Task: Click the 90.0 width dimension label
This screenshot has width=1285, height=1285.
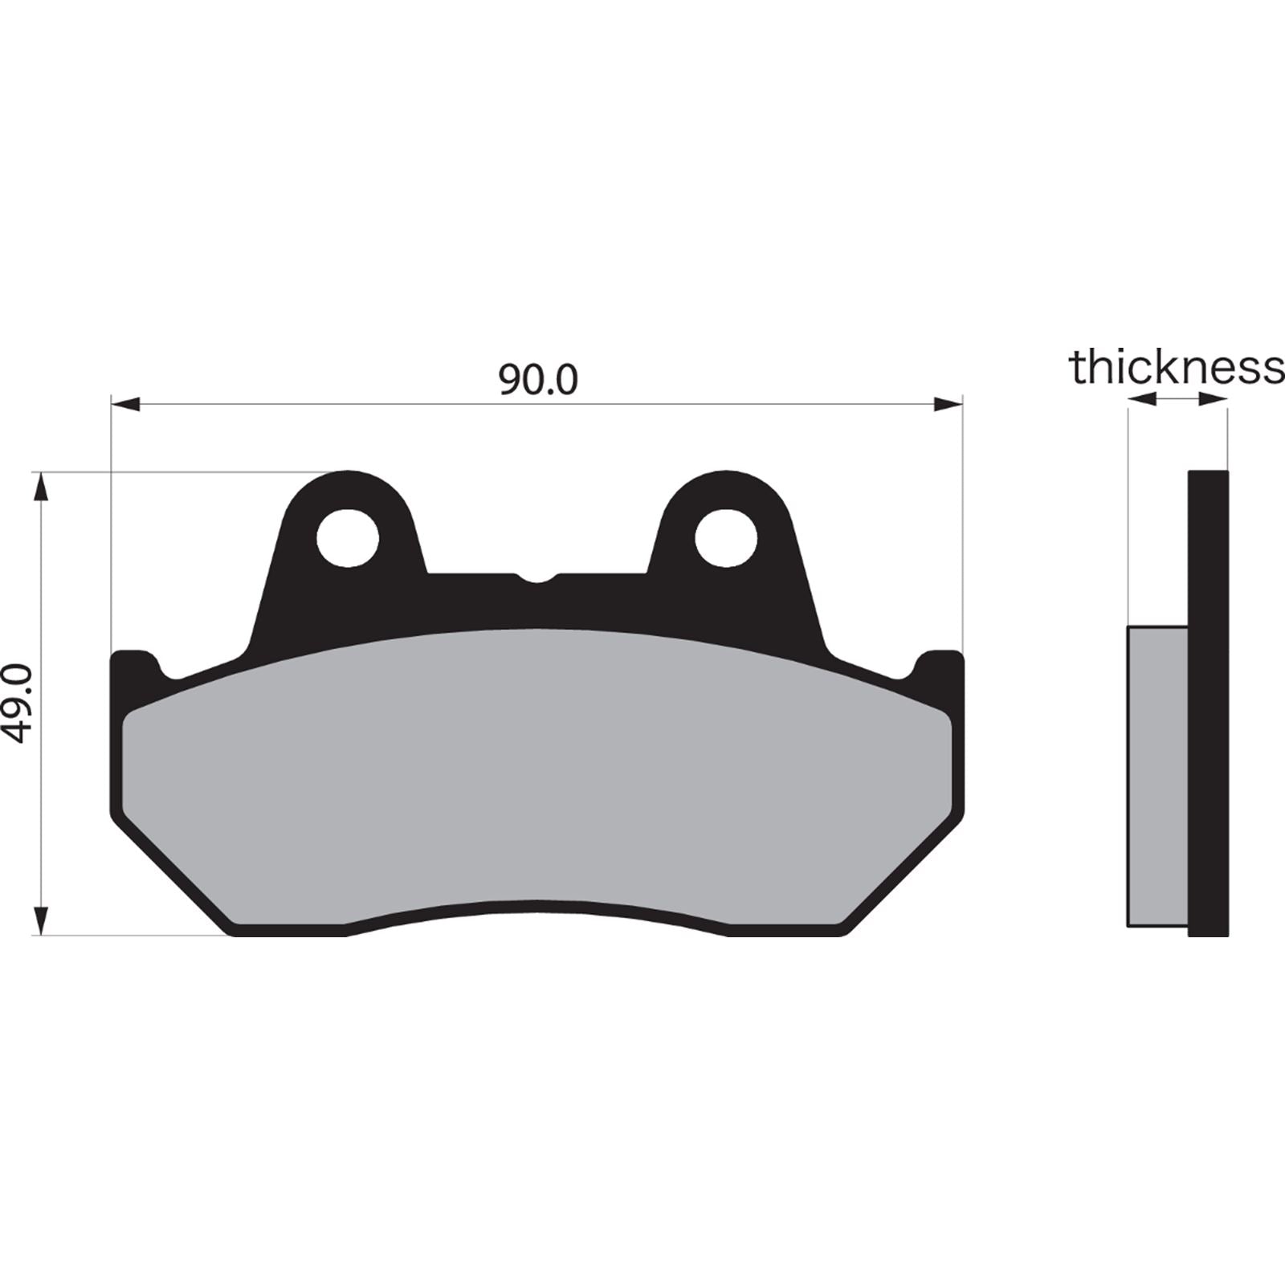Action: tap(537, 380)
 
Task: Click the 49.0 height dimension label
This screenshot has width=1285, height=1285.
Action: tap(18, 704)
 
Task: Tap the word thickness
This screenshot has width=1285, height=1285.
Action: tap(1176, 368)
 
